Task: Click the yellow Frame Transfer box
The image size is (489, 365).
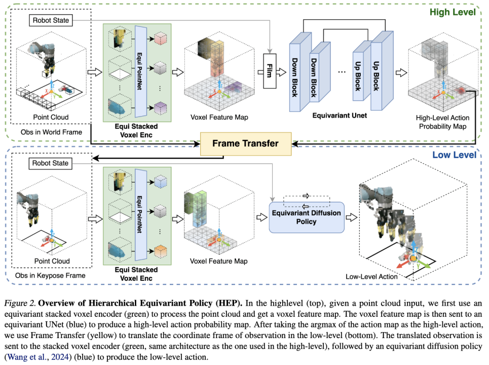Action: coord(245,143)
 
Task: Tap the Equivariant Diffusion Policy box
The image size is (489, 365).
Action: coord(306,217)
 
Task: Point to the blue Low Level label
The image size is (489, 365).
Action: coord(455,154)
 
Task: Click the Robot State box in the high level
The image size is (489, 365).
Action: coord(50,20)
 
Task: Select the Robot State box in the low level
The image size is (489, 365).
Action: coord(50,163)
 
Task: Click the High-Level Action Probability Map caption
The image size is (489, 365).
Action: coord(442,122)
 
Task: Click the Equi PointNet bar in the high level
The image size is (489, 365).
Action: coord(141,66)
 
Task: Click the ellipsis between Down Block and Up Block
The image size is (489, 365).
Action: coord(342,71)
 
